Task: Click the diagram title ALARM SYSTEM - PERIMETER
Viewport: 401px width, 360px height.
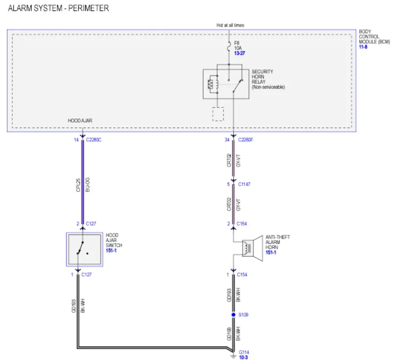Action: pos(58,8)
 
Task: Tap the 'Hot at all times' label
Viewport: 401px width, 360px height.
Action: pos(230,25)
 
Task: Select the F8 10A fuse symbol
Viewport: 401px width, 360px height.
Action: pos(229,47)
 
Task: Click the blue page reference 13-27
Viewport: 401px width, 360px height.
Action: pos(239,53)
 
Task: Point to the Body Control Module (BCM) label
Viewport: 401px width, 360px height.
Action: pos(374,36)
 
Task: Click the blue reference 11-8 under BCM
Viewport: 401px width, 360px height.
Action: pos(363,47)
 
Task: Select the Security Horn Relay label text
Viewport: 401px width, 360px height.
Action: pos(268,79)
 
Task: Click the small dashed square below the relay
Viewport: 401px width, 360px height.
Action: pos(218,114)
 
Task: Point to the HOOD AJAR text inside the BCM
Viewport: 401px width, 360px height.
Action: pos(80,120)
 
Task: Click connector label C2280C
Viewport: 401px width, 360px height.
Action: pos(94,140)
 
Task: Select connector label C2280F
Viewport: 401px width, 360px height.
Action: pos(245,140)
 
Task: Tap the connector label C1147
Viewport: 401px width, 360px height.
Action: pos(244,184)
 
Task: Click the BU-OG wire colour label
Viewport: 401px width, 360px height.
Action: pos(87,185)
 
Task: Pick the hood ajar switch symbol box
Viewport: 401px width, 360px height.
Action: pos(85,249)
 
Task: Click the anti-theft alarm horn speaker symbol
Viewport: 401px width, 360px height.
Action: pos(252,248)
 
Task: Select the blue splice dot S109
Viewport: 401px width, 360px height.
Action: pos(233,315)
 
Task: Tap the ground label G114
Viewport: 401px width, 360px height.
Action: pos(244,352)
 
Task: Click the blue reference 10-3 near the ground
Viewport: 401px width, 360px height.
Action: pos(243,357)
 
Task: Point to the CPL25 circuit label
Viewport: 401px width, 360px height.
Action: pos(78,185)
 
